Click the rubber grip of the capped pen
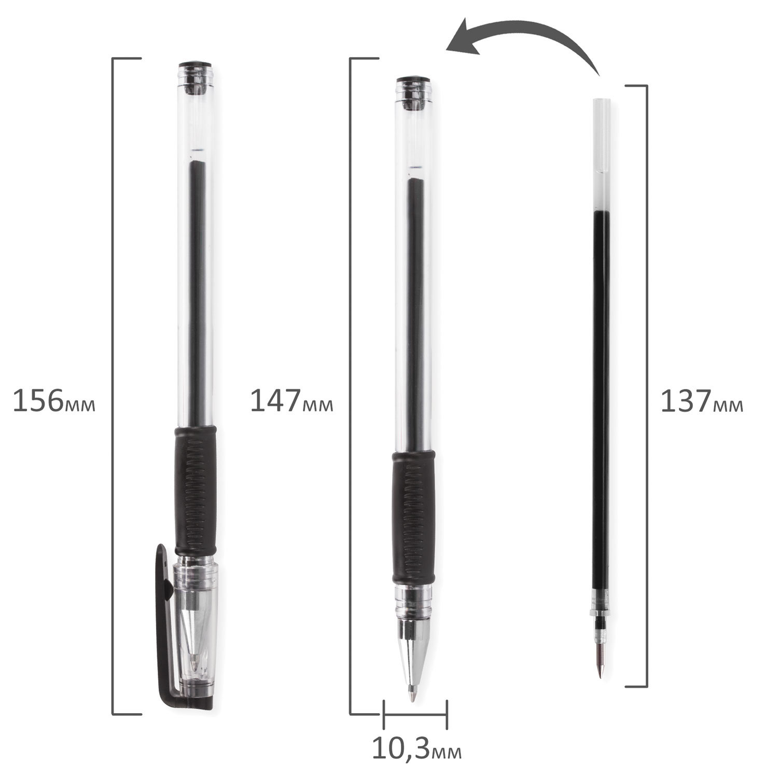[195, 491]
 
